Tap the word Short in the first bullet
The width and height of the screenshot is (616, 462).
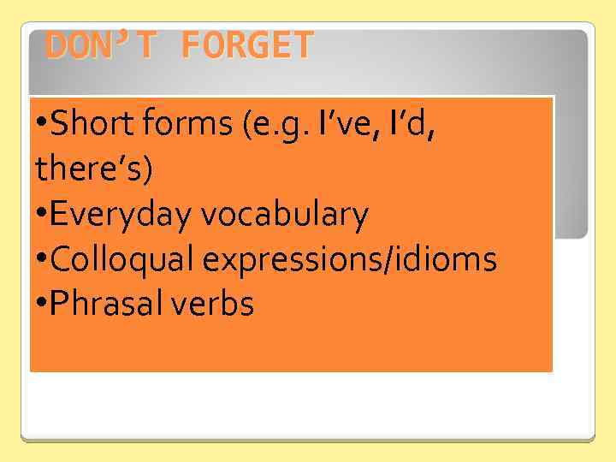pos(87,126)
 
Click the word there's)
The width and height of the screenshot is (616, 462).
pos(95,169)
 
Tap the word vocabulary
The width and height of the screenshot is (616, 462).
pos(285,216)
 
